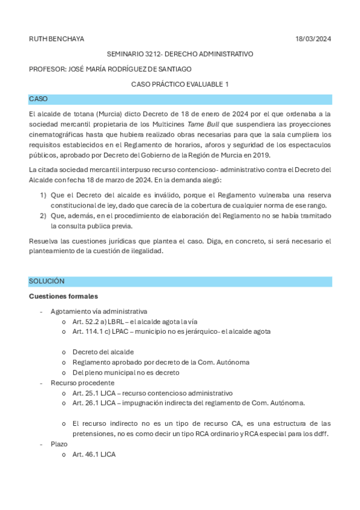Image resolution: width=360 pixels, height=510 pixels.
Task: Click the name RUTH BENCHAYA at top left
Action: pyautogui.click(x=56, y=39)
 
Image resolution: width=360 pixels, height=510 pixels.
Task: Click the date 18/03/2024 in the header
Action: pyautogui.click(x=313, y=39)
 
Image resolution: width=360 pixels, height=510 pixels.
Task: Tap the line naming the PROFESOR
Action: pyautogui.click(x=110, y=69)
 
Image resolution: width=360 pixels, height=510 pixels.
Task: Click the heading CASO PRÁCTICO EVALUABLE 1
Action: pyautogui.click(x=180, y=84)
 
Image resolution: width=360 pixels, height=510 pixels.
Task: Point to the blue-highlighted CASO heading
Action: pyautogui.click(x=38, y=99)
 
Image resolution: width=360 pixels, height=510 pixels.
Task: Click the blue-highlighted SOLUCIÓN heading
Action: pyautogui.click(x=47, y=281)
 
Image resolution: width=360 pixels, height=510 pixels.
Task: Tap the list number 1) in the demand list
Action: pyautogui.click(x=43, y=195)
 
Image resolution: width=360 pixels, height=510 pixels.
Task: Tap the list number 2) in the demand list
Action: pyautogui.click(x=43, y=216)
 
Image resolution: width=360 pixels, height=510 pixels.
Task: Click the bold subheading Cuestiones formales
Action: pyautogui.click(x=63, y=296)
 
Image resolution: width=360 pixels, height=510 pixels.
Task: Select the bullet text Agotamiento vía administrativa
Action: pyautogui.click(x=99, y=312)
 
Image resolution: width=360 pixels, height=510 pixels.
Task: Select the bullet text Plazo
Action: pyautogui.click(x=59, y=444)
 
